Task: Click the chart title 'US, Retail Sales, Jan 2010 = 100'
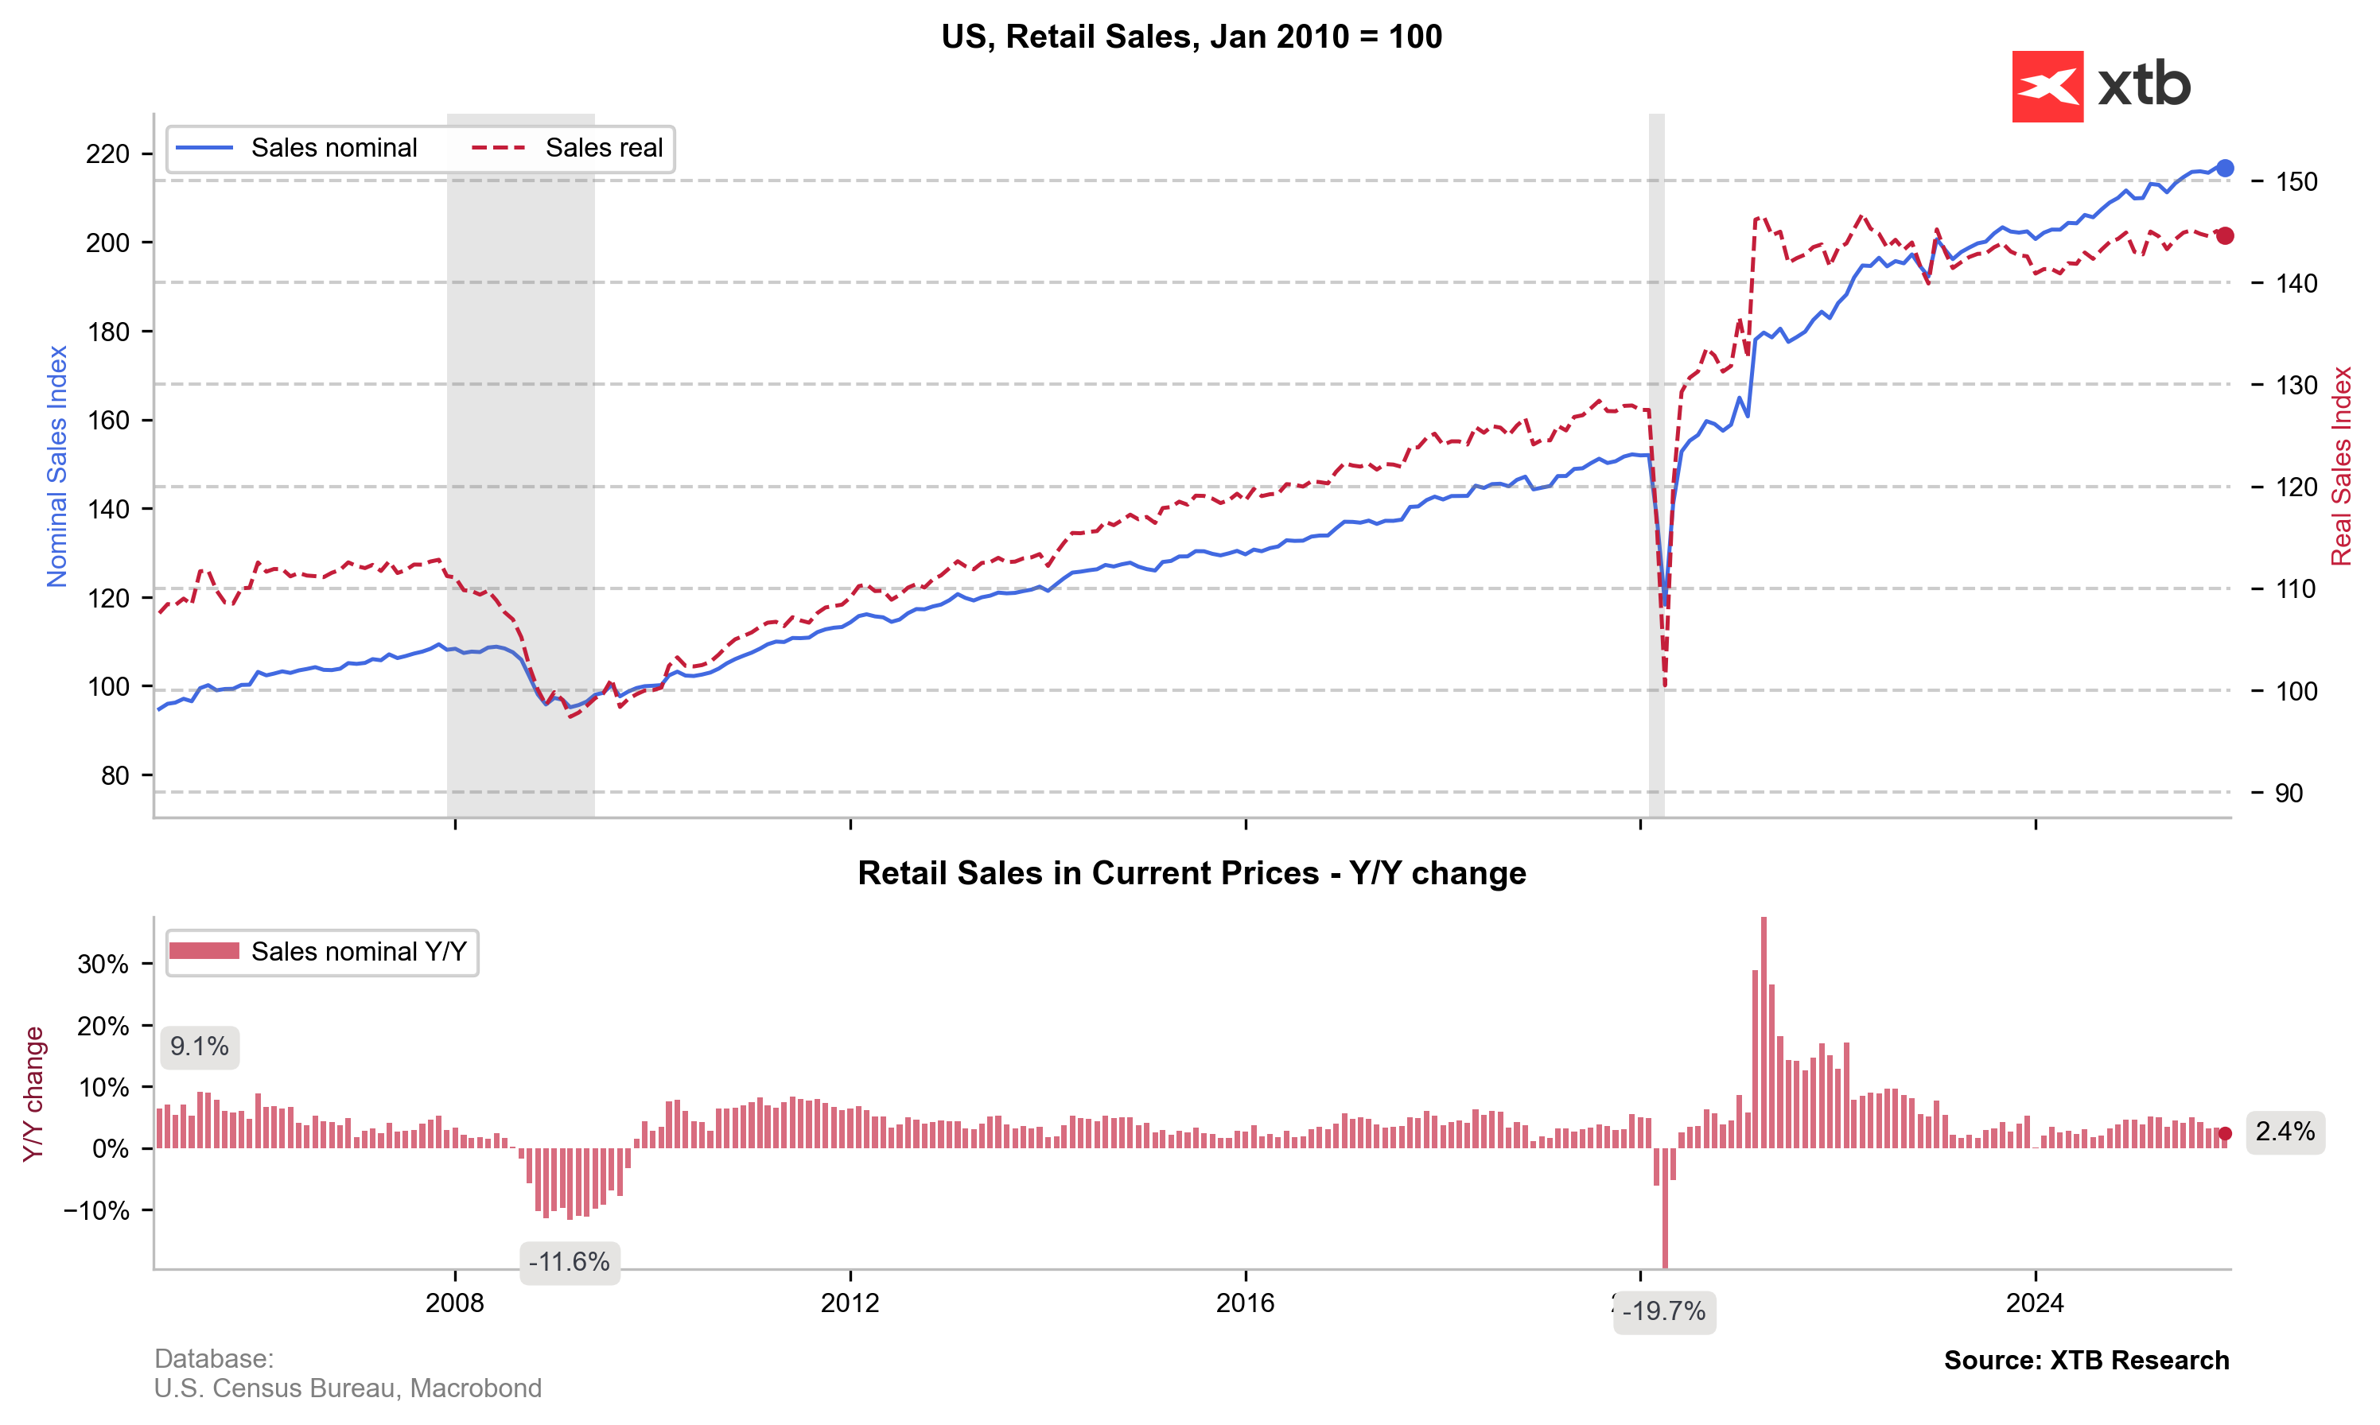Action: click(1191, 37)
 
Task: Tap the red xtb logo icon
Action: click(2047, 87)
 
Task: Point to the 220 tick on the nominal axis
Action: click(107, 153)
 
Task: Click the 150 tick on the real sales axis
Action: click(2296, 181)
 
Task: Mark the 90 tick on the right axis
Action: click(2289, 793)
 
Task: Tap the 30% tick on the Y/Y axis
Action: click(103, 964)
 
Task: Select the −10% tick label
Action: click(96, 1211)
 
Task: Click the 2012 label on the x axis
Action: click(850, 1303)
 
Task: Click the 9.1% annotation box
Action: click(200, 1046)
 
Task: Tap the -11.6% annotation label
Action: click(570, 1262)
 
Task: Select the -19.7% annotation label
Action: click(1663, 1312)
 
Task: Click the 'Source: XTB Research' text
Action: click(2086, 1361)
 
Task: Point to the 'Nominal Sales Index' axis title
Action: click(57, 467)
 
